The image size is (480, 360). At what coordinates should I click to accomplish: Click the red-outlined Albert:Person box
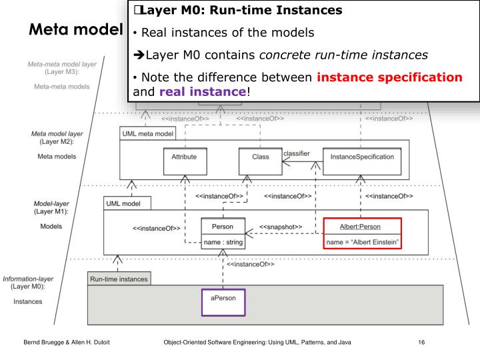362,233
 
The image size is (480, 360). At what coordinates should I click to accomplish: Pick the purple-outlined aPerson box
223,301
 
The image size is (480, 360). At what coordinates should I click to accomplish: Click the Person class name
223,226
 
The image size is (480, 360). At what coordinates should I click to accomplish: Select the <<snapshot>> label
280,227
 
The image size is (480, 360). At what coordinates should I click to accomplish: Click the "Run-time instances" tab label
119,278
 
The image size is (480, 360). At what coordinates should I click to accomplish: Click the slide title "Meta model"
75,31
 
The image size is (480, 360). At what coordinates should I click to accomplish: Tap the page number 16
421,342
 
